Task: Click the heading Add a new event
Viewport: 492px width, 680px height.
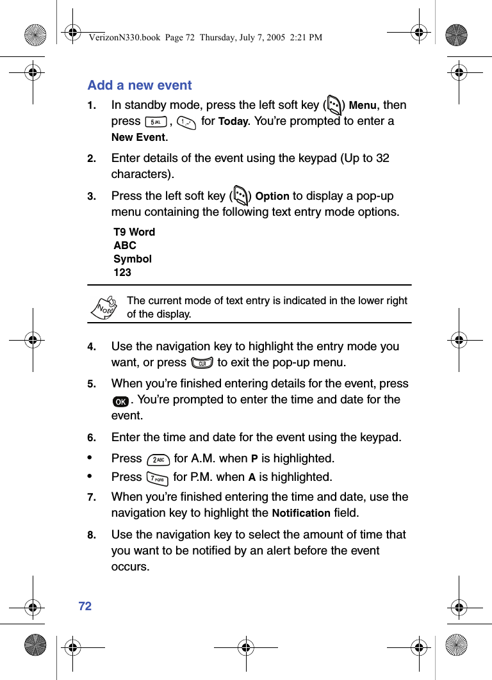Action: (x=140, y=85)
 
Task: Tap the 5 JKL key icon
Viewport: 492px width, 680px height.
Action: (x=156, y=122)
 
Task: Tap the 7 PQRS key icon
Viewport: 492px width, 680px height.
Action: (x=157, y=478)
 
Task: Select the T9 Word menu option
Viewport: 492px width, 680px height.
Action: (x=135, y=232)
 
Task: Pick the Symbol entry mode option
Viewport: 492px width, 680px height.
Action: (x=133, y=259)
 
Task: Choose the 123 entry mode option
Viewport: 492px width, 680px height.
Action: (x=122, y=272)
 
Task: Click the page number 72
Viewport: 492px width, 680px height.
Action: (x=85, y=606)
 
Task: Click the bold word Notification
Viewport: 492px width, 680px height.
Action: (x=301, y=514)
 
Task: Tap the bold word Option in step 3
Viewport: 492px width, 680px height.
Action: (x=272, y=197)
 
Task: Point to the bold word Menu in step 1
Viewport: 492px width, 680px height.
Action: (x=362, y=106)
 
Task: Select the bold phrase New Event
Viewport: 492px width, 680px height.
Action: (x=138, y=138)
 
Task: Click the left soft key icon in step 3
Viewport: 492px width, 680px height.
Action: (x=242, y=195)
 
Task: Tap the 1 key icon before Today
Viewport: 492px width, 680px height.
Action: (x=186, y=122)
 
